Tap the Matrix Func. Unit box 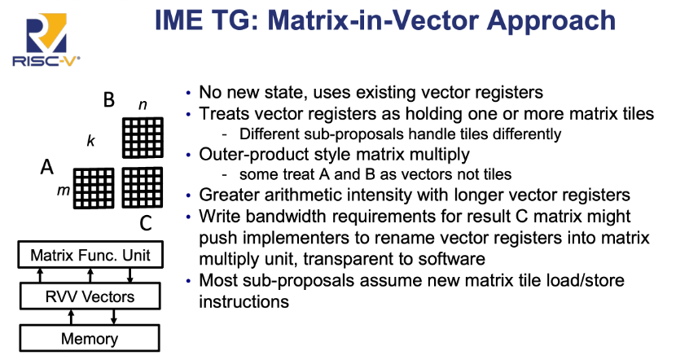pyautogui.click(x=90, y=255)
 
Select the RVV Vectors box pyautogui.click(x=90, y=296)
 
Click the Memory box pyautogui.click(x=90, y=339)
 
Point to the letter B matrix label pyautogui.click(x=109, y=99)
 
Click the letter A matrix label pyautogui.click(x=47, y=166)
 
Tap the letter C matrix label pyautogui.click(x=146, y=223)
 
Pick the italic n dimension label pyautogui.click(x=143, y=105)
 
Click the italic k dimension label pyautogui.click(x=90, y=141)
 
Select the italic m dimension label pyautogui.click(x=64, y=190)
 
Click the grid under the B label pyautogui.click(x=143, y=138)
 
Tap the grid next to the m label pyautogui.click(x=94, y=188)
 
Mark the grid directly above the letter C pyautogui.click(x=143, y=187)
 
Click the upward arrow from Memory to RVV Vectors pyautogui.click(x=71, y=317)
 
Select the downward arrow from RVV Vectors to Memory pyautogui.click(x=114, y=317)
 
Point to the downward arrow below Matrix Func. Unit pyautogui.click(x=129, y=275)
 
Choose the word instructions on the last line pyautogui.click(x=244, y=301)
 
